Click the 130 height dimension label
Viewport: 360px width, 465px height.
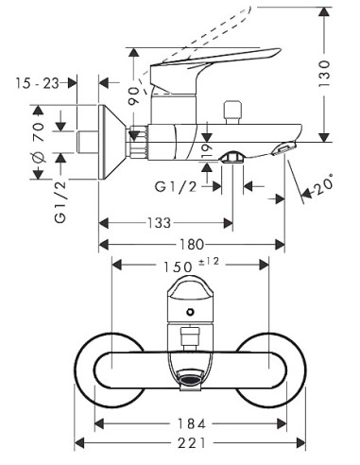point(324,74)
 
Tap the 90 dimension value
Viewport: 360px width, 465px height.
point(133,96)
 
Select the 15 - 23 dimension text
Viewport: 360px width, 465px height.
point(37,83)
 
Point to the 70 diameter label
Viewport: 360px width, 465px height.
point(39,132)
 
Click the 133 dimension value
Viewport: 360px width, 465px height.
point(160,223)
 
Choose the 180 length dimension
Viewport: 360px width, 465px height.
point(192,245)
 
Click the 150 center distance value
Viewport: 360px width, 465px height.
point(178,267)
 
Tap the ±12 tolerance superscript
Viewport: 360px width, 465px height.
point(209,261)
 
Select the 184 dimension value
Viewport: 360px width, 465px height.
point(192,423)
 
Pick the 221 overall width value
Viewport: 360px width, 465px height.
point(192,443)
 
